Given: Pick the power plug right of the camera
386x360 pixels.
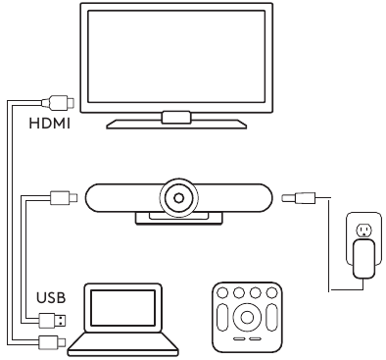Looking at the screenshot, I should point(294,198).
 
